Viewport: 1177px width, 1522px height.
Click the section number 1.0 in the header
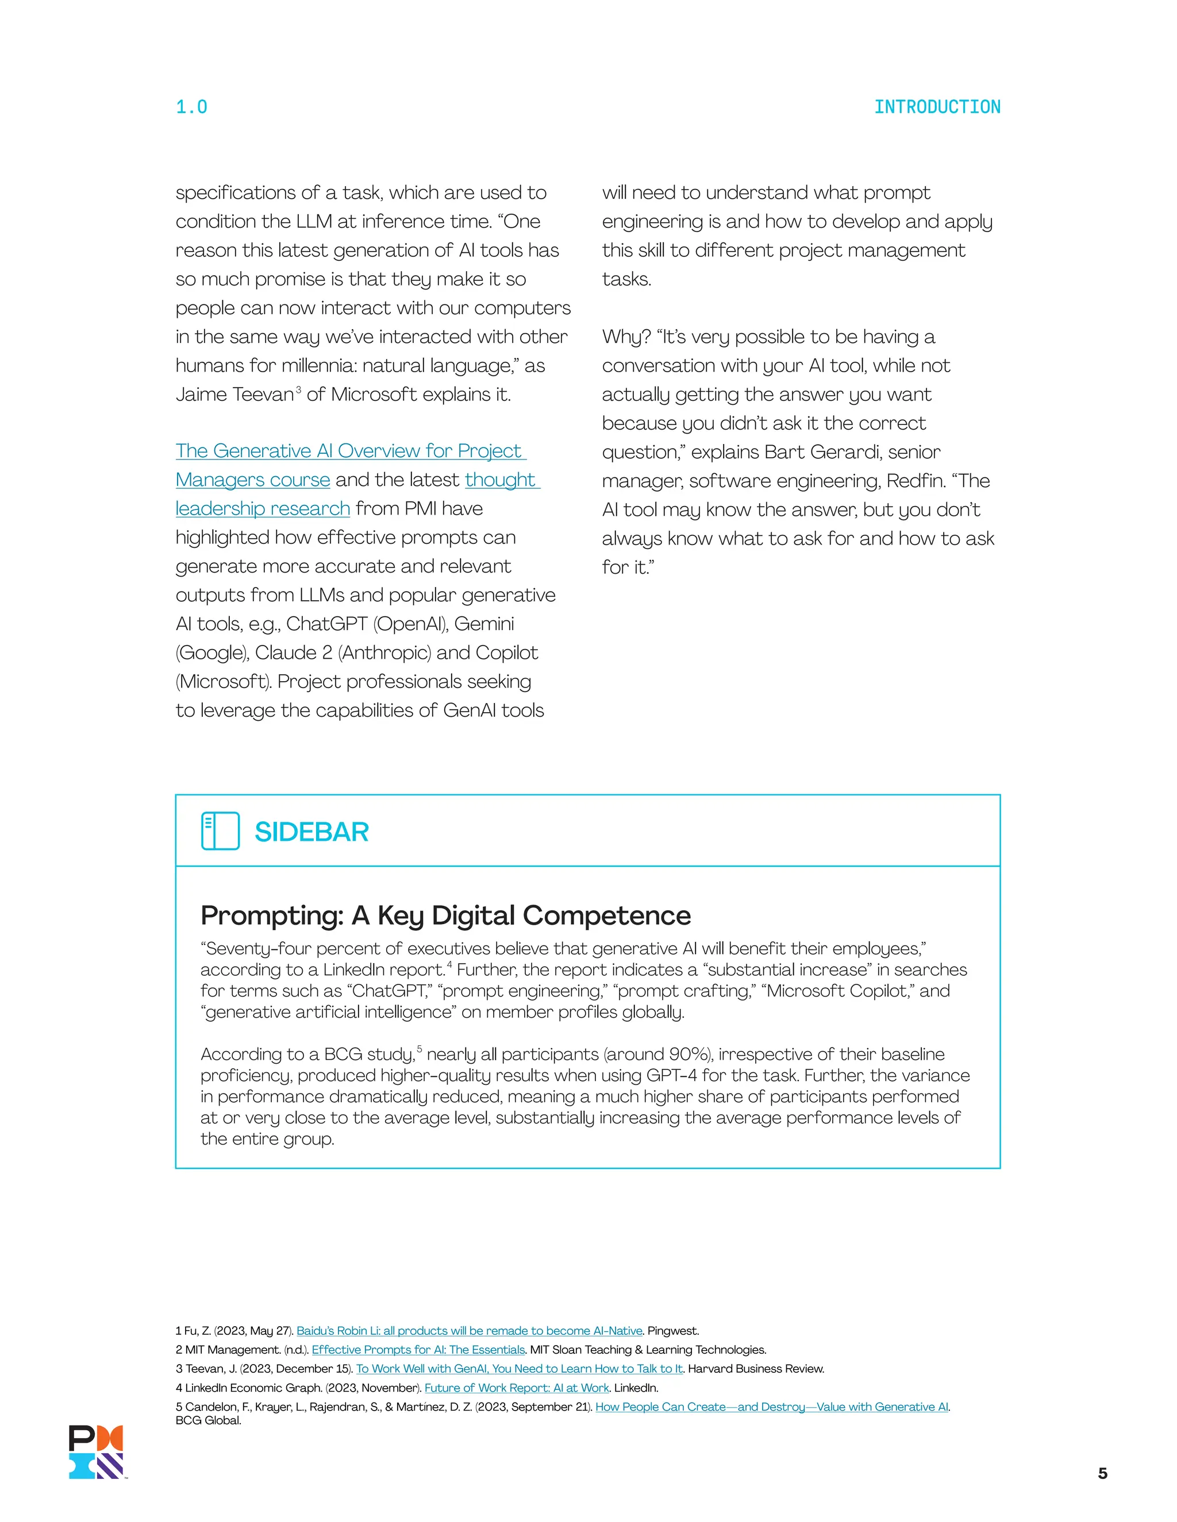point(191,107)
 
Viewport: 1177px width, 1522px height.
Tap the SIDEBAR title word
point(311,832)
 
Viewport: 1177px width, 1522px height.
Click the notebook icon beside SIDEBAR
point(220,830)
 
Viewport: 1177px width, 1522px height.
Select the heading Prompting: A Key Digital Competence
point(445,915)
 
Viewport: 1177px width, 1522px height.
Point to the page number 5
point(1102,1473)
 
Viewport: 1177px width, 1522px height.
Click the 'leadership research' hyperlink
point(262,509)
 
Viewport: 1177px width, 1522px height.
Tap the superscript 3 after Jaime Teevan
point(298,389)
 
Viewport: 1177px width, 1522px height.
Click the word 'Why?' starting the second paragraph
point(625,337)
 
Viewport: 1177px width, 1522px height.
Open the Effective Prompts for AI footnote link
point(418,1349)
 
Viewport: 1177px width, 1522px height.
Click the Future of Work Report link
point(516,1388)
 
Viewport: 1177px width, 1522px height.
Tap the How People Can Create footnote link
point(771,1407)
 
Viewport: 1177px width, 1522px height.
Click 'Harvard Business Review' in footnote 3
point(756,1368)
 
